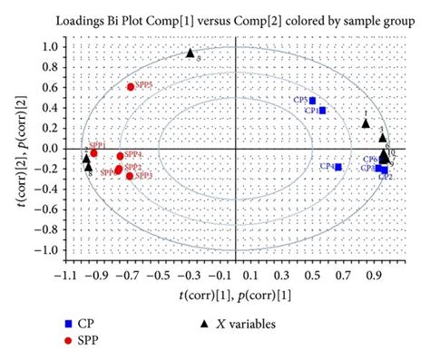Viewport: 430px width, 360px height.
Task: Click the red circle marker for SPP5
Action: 131,87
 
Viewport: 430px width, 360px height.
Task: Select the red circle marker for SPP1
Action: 93,153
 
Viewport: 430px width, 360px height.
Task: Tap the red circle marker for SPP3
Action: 130,176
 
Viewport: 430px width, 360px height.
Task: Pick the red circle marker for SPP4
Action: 120,156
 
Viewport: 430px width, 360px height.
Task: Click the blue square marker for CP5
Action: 313,101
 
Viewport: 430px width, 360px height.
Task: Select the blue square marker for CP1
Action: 322,111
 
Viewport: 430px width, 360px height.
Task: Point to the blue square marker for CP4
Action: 338,167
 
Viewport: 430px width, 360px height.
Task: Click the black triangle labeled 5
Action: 191,54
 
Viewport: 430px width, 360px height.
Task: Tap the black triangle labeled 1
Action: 366,123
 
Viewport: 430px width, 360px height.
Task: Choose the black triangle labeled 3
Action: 383,138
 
